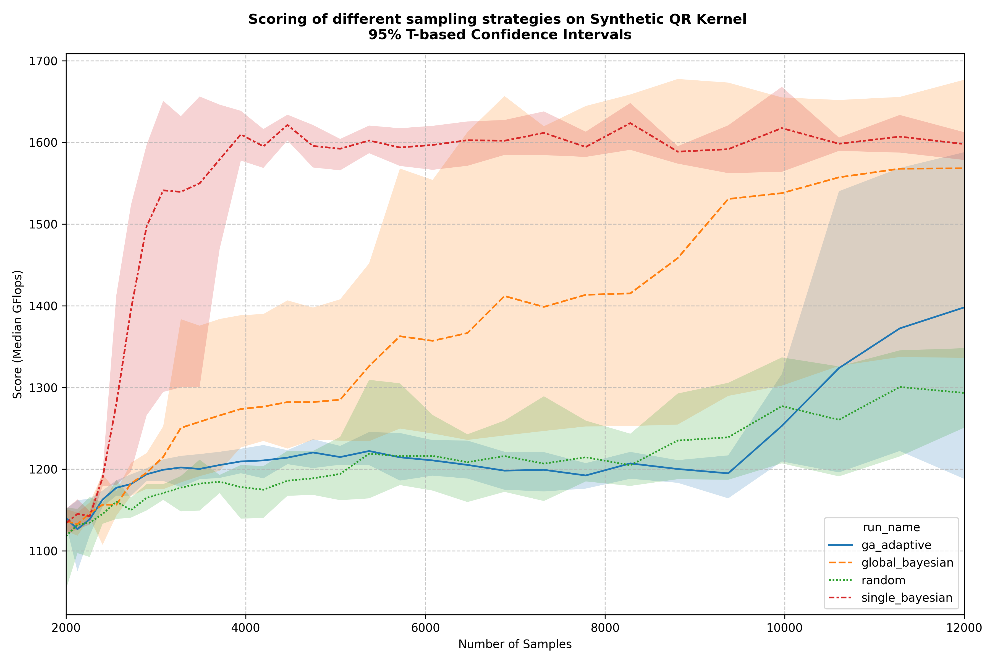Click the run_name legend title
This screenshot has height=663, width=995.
coord(891,527)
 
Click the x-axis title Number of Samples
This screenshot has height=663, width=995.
coord(515,644)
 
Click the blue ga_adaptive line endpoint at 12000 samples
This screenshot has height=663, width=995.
coord(964,307)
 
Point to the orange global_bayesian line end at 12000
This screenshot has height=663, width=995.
coord(964,168)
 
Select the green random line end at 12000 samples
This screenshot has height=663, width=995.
coord(964,393)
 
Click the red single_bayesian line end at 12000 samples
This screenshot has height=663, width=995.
coord(964,144)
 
